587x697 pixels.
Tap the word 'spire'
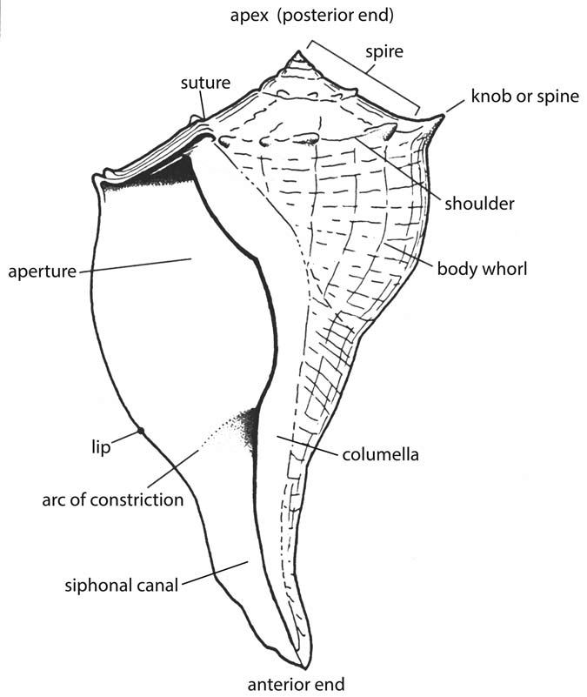point(384,51)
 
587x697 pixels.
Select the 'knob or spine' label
point(524,96)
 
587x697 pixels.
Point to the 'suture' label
point(205,84)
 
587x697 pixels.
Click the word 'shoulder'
point(479,204)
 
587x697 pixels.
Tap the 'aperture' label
point(43,271)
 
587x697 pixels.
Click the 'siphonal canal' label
point(121,585)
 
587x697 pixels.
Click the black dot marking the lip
point(140,431)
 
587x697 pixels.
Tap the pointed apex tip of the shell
point(298,54)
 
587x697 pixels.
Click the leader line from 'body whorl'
point(409,254)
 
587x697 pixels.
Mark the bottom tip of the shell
point(309,666)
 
